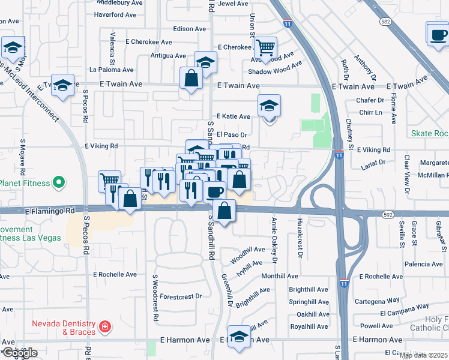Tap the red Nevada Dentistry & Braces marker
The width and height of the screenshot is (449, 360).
tap(105, 327)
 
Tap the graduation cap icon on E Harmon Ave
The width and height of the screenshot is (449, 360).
tap(240, 338)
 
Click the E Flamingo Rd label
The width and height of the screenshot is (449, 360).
tap(50, 211)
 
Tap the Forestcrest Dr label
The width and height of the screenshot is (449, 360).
tap(181, 296)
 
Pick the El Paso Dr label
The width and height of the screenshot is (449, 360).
tap(232, 134)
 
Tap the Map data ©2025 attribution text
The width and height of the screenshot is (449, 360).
tap(423, 355)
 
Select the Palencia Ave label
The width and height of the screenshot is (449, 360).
tap(424, 264)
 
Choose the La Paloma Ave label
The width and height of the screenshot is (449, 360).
tap(112, 70)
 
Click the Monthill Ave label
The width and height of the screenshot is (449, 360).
tap(280, 276)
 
